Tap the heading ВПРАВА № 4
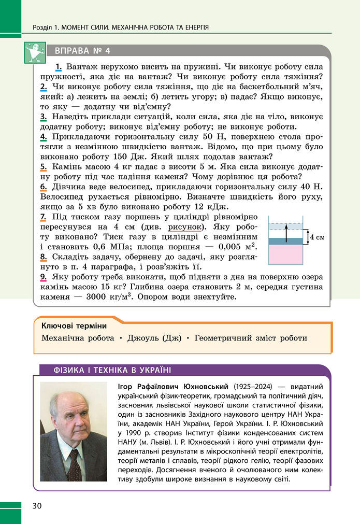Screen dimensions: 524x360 (79, 51)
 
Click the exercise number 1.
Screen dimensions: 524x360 (59, 67)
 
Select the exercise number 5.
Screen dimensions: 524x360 (43, 167)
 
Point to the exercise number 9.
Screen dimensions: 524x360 (43, 277)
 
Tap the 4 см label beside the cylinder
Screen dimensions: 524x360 (316, 237)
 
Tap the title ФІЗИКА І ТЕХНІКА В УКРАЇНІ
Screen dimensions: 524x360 (113, 370)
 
